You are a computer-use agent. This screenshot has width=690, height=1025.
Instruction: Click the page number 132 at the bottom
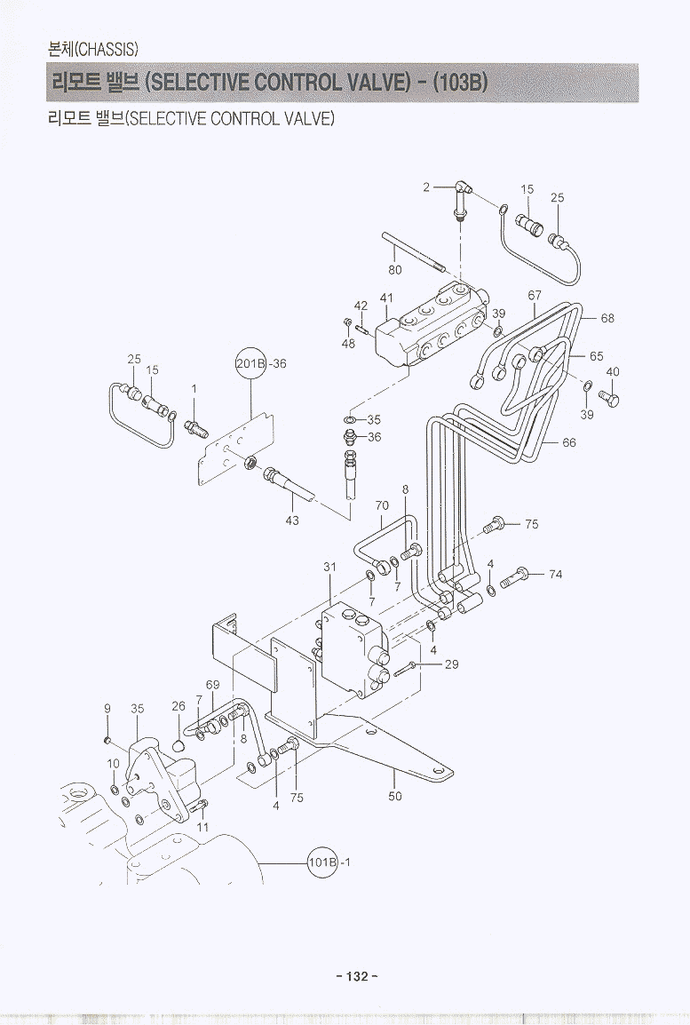point(357,976)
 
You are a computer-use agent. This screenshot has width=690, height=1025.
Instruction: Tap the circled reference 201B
point(250,363)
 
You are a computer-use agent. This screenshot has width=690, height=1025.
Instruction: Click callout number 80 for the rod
point(395,270)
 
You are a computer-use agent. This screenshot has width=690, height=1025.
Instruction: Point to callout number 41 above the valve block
point(386,298)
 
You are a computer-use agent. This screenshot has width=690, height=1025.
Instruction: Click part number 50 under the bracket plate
point(395,796)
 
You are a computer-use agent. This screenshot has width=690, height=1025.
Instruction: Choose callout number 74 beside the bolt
point(555,575)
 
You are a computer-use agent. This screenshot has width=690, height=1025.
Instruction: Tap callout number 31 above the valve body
point(329,567)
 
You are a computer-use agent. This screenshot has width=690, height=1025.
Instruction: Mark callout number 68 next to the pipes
point(607,318)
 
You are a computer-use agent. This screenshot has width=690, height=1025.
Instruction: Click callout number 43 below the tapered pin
point(292,520)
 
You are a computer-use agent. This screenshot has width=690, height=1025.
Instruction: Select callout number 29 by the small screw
point(451,663)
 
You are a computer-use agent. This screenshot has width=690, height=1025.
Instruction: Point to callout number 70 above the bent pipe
point(382,506)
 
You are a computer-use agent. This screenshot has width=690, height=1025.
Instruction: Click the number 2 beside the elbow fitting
point(426,187)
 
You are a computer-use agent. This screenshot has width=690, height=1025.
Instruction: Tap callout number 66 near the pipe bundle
point(569,441)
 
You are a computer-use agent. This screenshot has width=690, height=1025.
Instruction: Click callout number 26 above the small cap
point(178,706)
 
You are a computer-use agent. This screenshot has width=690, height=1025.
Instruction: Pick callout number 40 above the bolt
point(613,371)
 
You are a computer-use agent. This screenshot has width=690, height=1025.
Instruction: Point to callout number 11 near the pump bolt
point(202,827)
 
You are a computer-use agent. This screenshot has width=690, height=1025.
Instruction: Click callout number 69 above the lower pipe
point(212,685)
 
